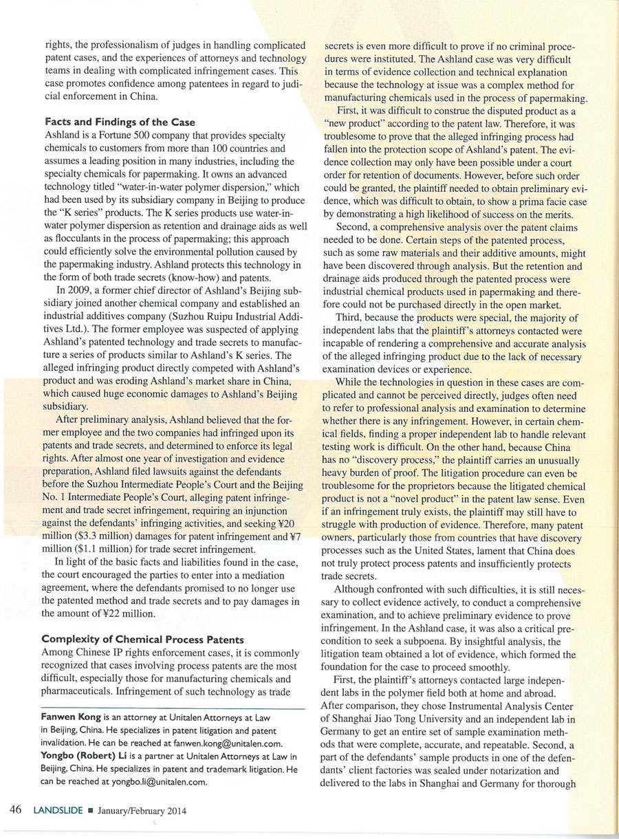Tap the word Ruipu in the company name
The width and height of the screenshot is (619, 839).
coord(195,335)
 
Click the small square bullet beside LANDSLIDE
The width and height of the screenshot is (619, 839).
coord(90,811)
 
